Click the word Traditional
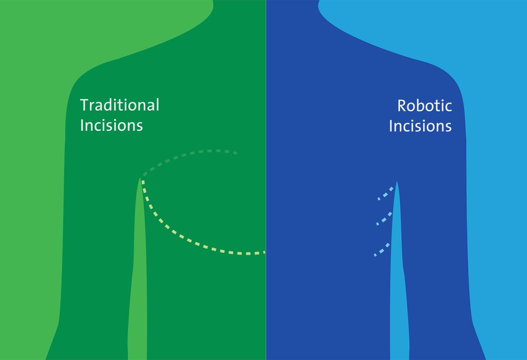pyautogui.click(x=120, y=105)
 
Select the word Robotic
pyautogui.click(x=425, y=106)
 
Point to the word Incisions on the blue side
pyautogui.click(x=420, y=126)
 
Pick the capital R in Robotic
pyautogui.click(x=402, y=106)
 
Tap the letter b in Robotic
pyautogui.click(x=422, y=105)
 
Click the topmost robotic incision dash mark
pyautogui.click(x=386, y=194)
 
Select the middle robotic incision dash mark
pyautogui.click(x=384, y=219)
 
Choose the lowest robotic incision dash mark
pyautogui.click(x=381, y=250)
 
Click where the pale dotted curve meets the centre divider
pyautogui.click(x=265, y=252)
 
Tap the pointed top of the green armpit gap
pyautogui.click(x=140, y=177)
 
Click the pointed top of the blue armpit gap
pyautogui.click(x=397, y=181)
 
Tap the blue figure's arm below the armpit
pyautogui.click(x=438, y=259)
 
